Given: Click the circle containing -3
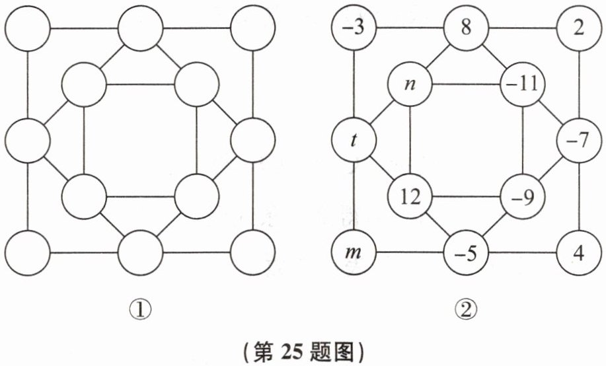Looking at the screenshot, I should click(355, 30).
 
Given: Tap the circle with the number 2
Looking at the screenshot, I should click(579, 30).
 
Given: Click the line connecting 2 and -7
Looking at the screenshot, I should click(579, 85).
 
